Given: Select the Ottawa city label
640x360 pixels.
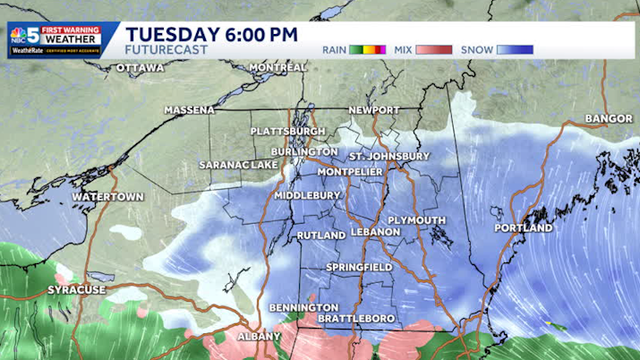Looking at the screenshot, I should pyautogui.click(x=140, y=68).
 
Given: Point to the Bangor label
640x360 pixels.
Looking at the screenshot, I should pyautogui.click(x=609, y=118).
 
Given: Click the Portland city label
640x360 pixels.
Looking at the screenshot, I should pyautogui.click(x=524, y=228).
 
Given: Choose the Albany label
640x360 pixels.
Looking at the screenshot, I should pyautogui.click(x=259, y=337).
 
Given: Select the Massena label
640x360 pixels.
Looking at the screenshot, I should pyautogui.click(x=189, y=110).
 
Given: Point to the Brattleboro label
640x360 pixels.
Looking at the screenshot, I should pyautogui.click(x=356, y=320).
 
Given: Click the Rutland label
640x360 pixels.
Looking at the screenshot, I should pyautogui.click(x=321, y=236).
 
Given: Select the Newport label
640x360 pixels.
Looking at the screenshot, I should pyautogui.click(x=374, y=110).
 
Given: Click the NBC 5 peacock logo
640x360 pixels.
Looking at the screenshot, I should pyautogui.click(x=17, y=36).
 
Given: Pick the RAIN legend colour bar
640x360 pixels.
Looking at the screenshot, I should pyautogui.click(x=368, y=50).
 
